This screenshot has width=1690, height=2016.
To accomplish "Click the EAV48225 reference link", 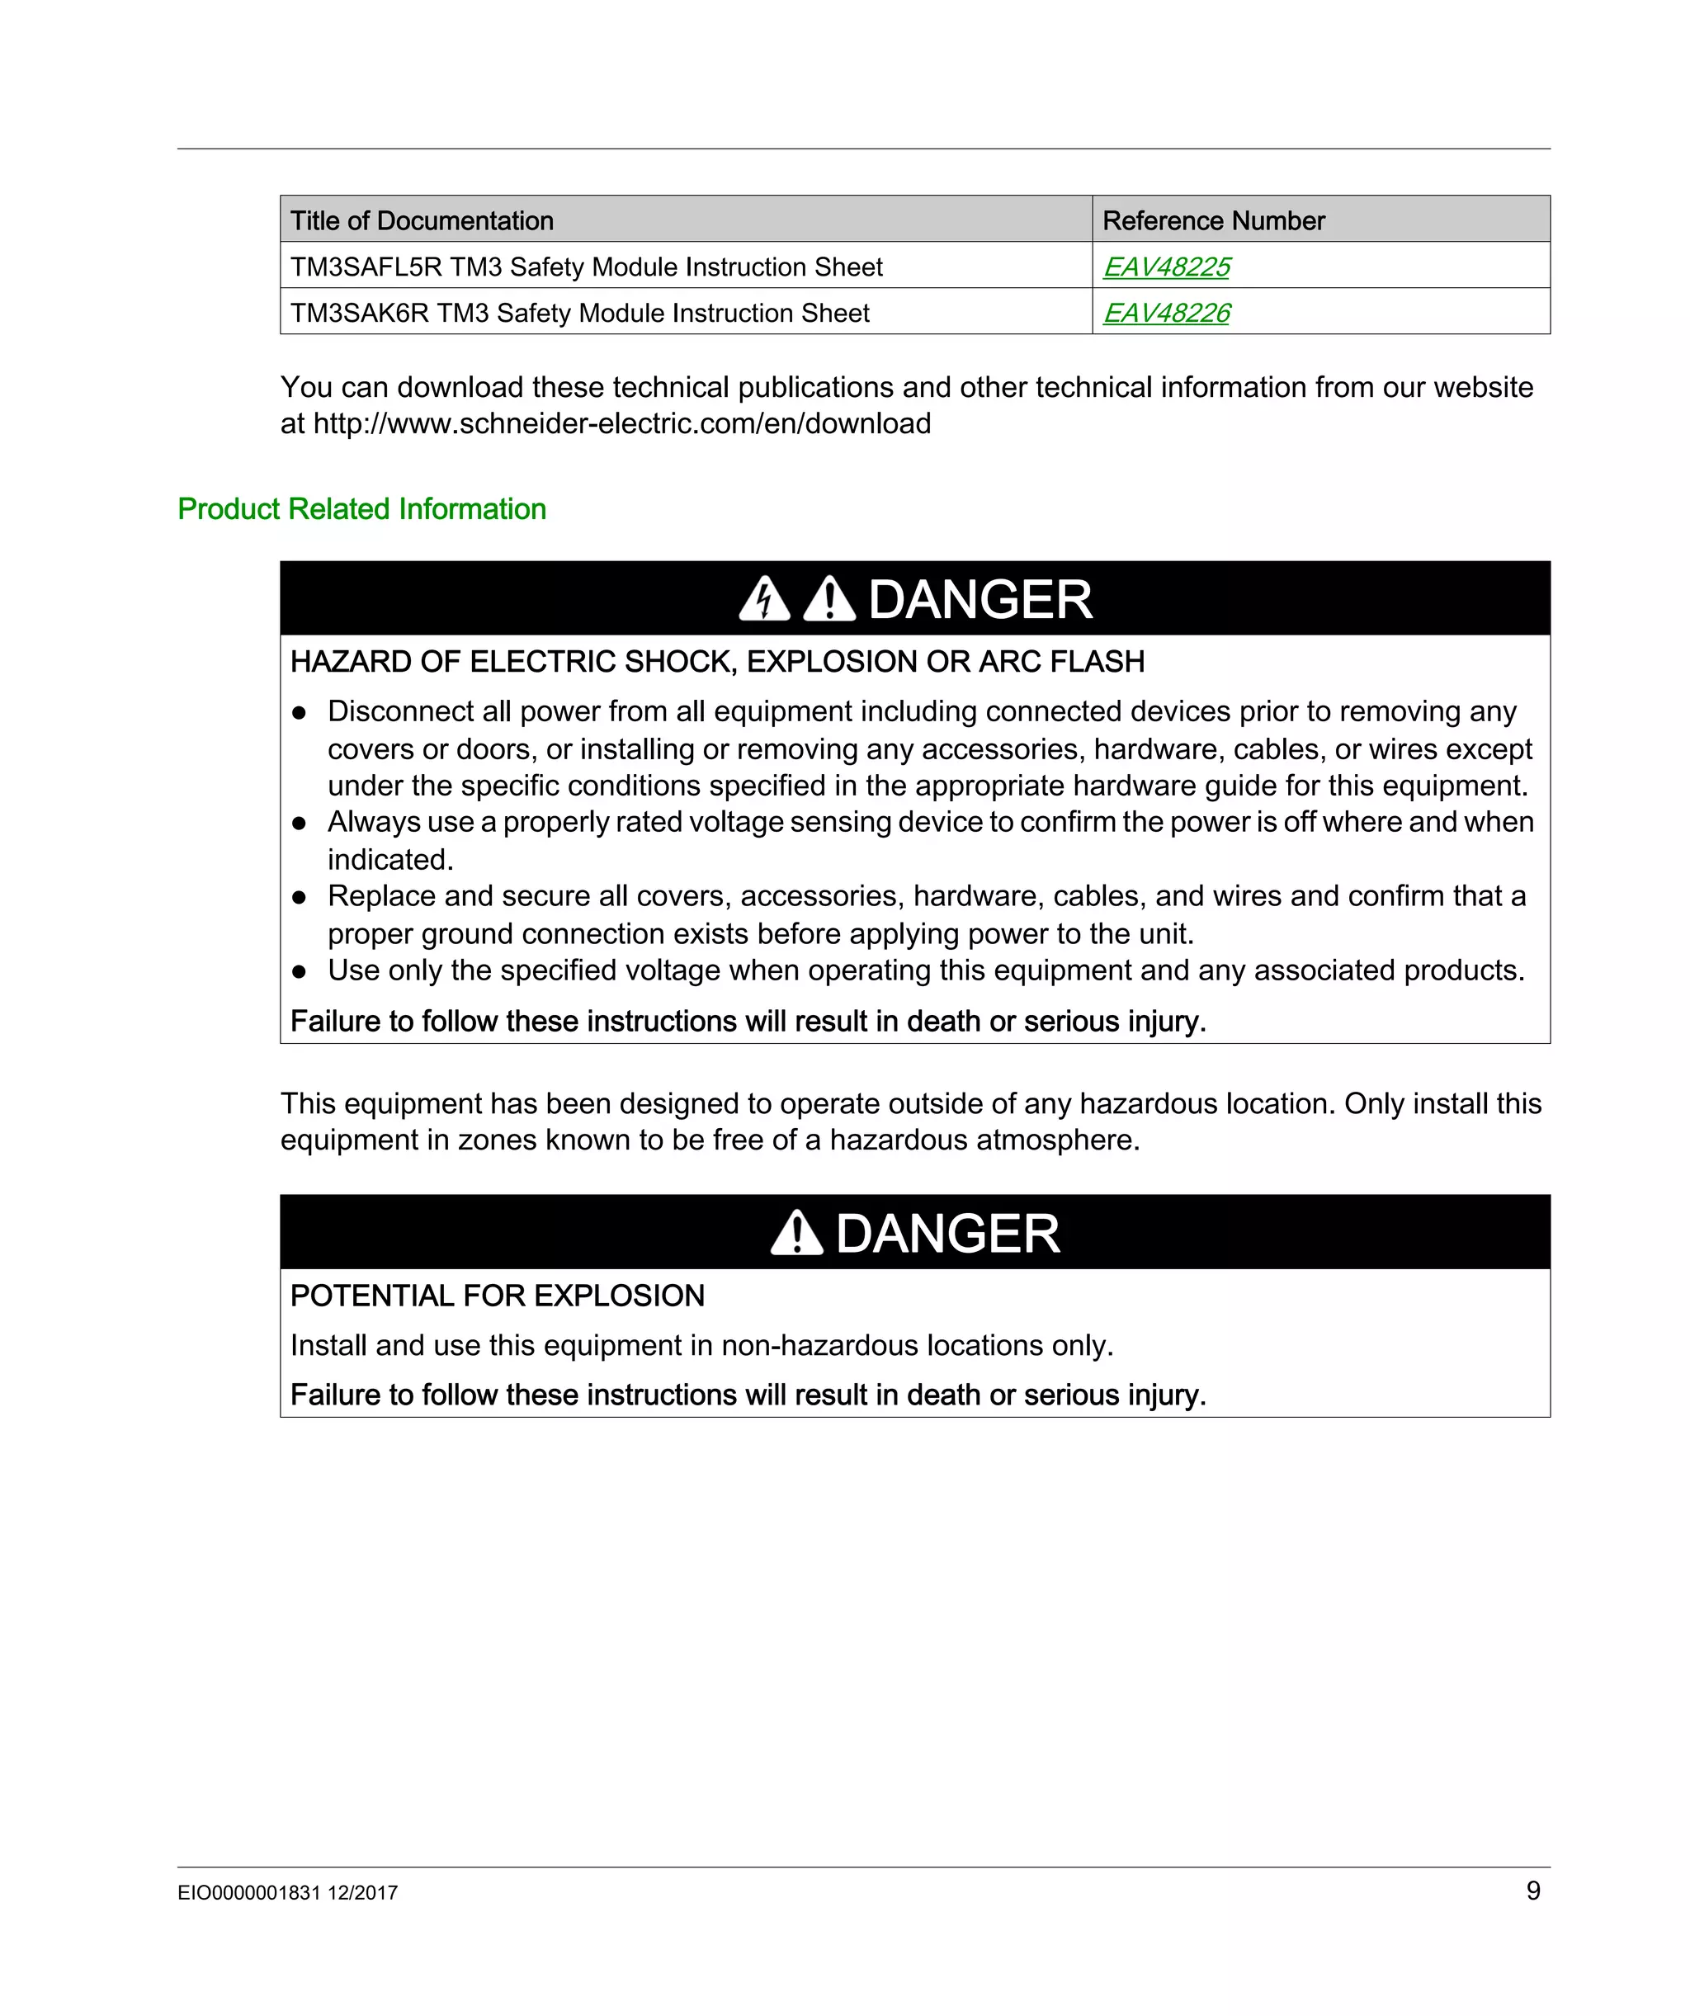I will click(1166, 267).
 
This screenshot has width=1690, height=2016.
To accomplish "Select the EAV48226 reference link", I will click(1166, 313).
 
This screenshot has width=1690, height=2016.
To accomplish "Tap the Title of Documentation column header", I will click(422, 221).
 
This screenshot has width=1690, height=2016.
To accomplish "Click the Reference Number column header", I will click(1213, 221).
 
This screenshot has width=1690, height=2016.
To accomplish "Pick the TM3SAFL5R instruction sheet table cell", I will click(586, 267).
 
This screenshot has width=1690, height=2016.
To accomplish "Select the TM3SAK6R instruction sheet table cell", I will click(580, 313).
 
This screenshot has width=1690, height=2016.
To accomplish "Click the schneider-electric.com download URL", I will click(622, 423).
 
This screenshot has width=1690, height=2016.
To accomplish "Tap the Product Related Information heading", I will click(362, 509).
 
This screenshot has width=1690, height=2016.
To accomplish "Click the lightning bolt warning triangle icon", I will click(764, 599).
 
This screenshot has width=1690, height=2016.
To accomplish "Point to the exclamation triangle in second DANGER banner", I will click(797, 1234).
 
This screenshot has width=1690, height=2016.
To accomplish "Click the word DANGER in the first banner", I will click(980, 600).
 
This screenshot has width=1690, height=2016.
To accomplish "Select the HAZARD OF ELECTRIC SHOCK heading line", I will click(717, 662).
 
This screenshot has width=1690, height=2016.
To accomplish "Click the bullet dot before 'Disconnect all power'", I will click(299, 713).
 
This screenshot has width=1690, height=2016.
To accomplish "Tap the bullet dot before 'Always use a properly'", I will click(299, 824).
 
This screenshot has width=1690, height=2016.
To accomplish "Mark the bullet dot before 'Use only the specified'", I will click(299, 971).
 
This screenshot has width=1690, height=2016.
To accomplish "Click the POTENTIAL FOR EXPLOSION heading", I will click(498, 1296).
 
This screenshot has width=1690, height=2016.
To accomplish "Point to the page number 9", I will click(1532, 1891).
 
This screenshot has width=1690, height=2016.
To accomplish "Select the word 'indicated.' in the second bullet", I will click(389, 859).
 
